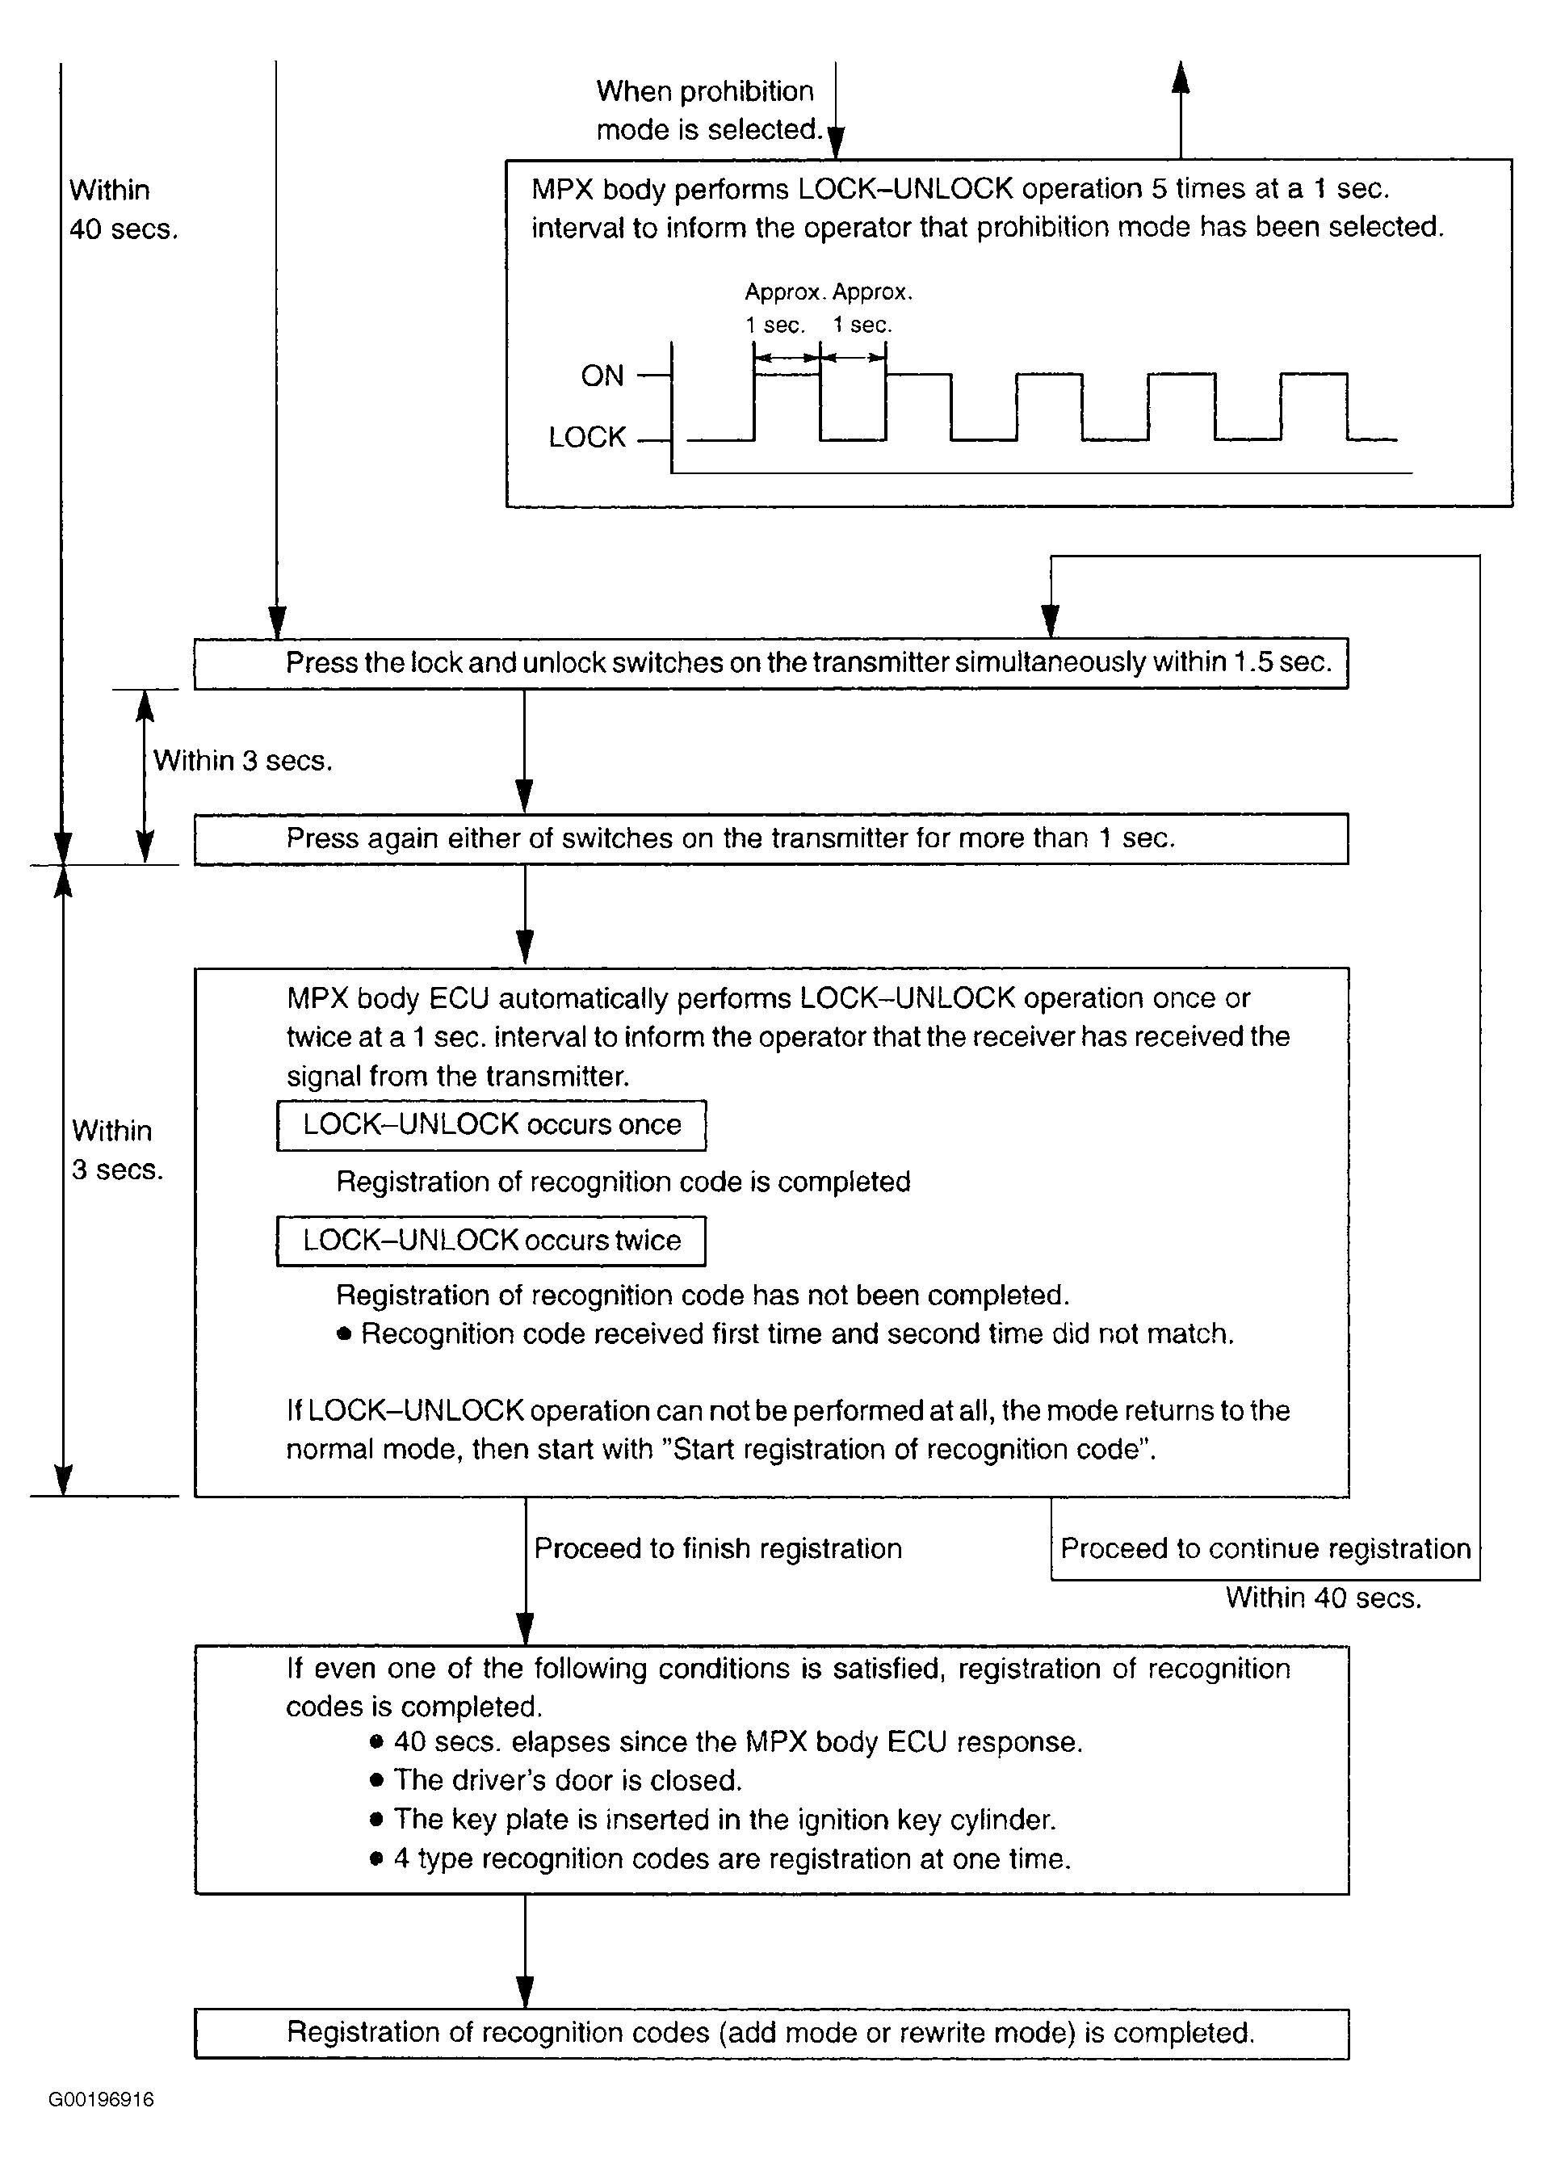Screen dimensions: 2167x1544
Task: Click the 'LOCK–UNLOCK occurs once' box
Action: (491, 1125)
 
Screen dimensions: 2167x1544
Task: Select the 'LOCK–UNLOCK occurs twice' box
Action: (491, 1240)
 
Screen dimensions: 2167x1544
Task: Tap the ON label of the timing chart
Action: (602, 376)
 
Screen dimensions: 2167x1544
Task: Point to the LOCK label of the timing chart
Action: (588, 438)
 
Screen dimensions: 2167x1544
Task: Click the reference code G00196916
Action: (101, 2099)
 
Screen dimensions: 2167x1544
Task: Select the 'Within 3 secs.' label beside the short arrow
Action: (242, 761)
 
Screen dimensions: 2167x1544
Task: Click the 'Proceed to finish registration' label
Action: (718, 1548)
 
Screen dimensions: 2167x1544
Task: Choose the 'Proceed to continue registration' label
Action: (1265, 1548)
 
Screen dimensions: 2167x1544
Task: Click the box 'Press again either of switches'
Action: (771, 838)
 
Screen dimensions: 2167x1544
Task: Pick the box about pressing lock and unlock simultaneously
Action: (771, 663)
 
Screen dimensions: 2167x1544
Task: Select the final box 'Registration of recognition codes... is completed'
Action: (771, 2033)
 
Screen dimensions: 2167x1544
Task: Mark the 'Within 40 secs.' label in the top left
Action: (123, 209)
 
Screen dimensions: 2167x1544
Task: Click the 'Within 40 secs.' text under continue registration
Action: (1323, 1598)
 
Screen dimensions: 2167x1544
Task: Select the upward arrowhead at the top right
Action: (1181, 76)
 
